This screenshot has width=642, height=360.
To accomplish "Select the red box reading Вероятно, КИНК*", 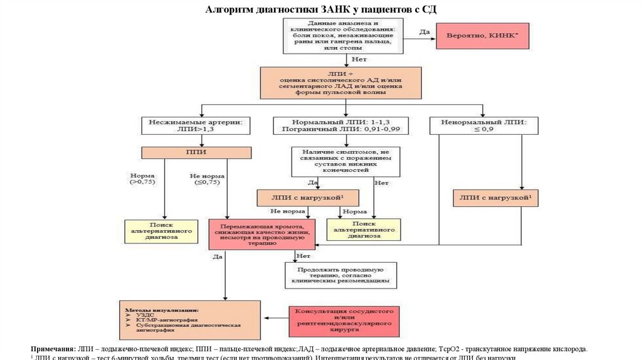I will tap(483, 36).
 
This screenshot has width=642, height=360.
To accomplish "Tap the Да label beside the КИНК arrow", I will tap(424, 31).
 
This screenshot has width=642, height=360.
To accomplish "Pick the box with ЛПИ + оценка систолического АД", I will tap(342, 82).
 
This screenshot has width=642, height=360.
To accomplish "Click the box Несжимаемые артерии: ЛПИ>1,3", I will tap(196, 125).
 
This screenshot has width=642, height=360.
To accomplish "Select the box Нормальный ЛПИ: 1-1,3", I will tap(341, 125).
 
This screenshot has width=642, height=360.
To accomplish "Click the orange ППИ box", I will tap(196, 152).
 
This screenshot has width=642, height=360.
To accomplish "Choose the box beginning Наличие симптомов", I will tap(345, 161).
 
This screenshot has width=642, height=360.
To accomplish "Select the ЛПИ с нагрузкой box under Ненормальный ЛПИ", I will tap(496, 198).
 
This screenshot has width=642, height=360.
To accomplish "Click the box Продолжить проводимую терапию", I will tap(340, 275).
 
